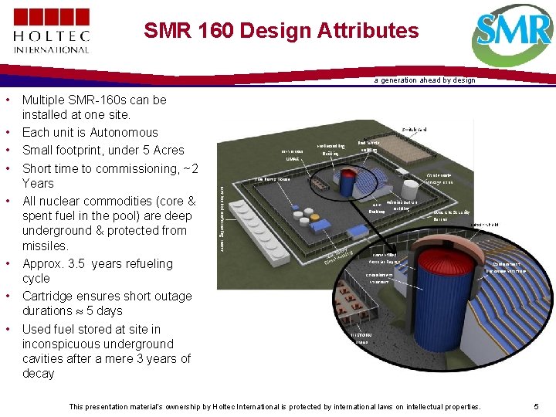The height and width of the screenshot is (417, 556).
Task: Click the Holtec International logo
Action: [51, 30]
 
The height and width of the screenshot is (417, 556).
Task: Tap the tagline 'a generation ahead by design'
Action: [424, 80]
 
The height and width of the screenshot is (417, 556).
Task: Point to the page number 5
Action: [536, 406]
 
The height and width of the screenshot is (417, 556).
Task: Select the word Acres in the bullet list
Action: [168, 150]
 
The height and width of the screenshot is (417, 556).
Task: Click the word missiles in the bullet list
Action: [45, 246]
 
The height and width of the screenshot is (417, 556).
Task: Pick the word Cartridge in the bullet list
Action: [48, 296]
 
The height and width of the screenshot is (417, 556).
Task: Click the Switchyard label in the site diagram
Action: [414, 129]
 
